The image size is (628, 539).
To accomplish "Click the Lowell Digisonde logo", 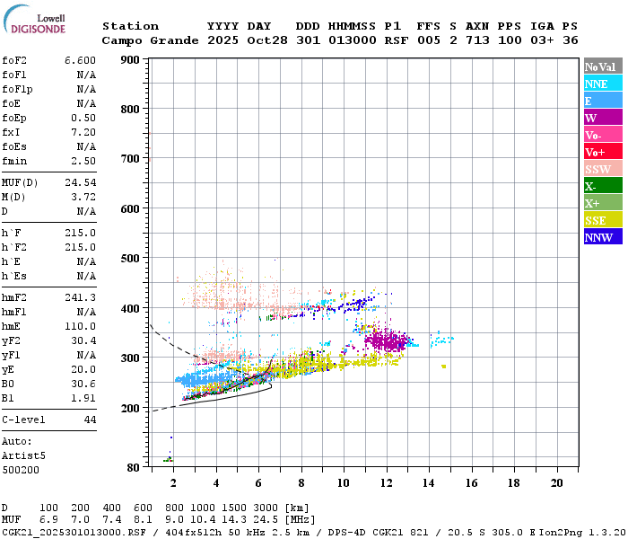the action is point(34,19).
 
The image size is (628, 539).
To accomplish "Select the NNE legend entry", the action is point(603,84).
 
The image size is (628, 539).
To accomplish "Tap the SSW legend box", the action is point(603,169).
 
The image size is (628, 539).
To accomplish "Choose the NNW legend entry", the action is point(603,237).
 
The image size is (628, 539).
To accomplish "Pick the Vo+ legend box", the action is point(603,152).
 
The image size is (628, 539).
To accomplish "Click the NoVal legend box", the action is point(603,66).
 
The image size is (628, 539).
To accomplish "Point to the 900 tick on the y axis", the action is point(130,60).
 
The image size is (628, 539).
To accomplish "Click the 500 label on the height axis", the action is point(130,259).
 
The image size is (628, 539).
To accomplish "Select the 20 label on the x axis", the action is point(557,483).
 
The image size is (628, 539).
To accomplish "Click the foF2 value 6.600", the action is point(80,60).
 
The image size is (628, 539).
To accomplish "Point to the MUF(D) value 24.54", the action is point(80,183).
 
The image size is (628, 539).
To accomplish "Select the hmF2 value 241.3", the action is point(80,297).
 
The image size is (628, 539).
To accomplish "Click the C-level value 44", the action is point(90,420).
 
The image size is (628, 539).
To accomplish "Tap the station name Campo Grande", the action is point(150,40).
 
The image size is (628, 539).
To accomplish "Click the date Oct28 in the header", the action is point(267,40).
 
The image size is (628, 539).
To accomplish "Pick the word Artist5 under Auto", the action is point(23,456).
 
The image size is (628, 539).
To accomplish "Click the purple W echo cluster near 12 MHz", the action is point(387,340).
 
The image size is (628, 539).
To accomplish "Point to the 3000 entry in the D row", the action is point(266,508).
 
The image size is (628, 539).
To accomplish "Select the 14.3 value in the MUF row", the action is point(234,520).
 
